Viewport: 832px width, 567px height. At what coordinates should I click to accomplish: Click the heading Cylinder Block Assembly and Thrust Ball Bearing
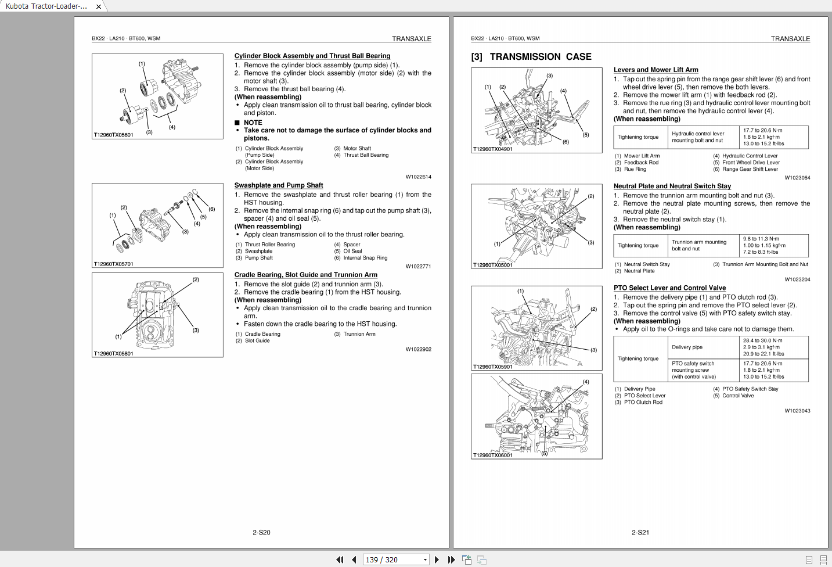[312, 56]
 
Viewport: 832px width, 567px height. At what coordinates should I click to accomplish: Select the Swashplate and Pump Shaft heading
[278, 185]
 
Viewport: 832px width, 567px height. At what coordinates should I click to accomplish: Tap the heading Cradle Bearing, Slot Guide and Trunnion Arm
[305, 275]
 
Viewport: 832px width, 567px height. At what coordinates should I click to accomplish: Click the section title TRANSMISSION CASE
[540, 57]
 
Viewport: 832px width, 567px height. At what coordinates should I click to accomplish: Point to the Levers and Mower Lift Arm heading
[655, 70]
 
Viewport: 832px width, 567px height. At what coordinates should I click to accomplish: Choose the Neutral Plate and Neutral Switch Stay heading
[672, 186]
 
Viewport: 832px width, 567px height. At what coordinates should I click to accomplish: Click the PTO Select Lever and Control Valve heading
[669, 288]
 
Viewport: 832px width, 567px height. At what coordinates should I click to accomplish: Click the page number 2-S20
[261, 532]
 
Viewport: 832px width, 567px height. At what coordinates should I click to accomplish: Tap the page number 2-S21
[640, 532]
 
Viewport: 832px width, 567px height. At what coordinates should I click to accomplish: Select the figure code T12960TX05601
[114, 135]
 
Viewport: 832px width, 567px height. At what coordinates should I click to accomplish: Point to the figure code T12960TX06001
[493, 455]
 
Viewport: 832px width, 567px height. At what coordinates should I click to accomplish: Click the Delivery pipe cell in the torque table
[687, 347]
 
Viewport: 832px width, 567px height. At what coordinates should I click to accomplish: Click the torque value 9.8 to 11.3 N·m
[761, 239]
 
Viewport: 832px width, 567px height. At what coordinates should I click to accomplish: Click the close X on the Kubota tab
[99, 6]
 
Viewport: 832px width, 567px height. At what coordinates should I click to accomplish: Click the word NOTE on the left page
[253, 123]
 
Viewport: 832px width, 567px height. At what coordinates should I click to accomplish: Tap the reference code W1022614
[418, 177]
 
